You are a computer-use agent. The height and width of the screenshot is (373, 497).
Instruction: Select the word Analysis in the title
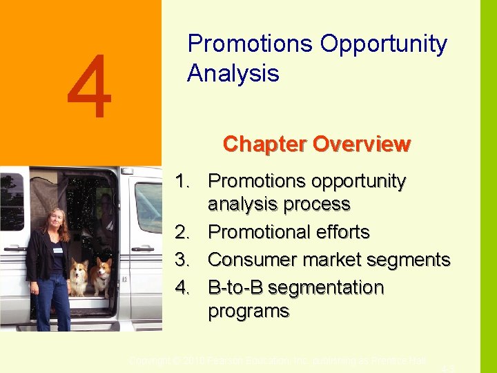[x=233, y=73]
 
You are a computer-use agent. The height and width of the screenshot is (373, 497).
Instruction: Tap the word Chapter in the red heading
[x=265, y=144]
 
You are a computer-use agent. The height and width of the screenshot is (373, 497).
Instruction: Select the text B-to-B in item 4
[x=235, y=287]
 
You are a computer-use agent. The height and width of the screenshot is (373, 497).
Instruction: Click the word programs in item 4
[x=248, y=311]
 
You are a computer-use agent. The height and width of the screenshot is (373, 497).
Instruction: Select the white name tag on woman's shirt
[x=58, y=249]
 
